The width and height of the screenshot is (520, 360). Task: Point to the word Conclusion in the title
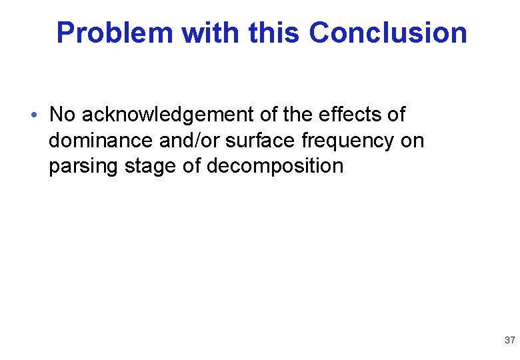point(388,33)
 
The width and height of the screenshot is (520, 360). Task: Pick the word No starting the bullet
point(63,115)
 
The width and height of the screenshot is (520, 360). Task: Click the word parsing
point(83,166)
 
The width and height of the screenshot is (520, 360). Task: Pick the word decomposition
point(275,166)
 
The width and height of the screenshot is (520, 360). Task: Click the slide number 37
point(509,341)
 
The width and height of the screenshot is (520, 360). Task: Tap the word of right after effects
point(395,115)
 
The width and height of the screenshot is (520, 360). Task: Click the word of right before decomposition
point(191,166)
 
